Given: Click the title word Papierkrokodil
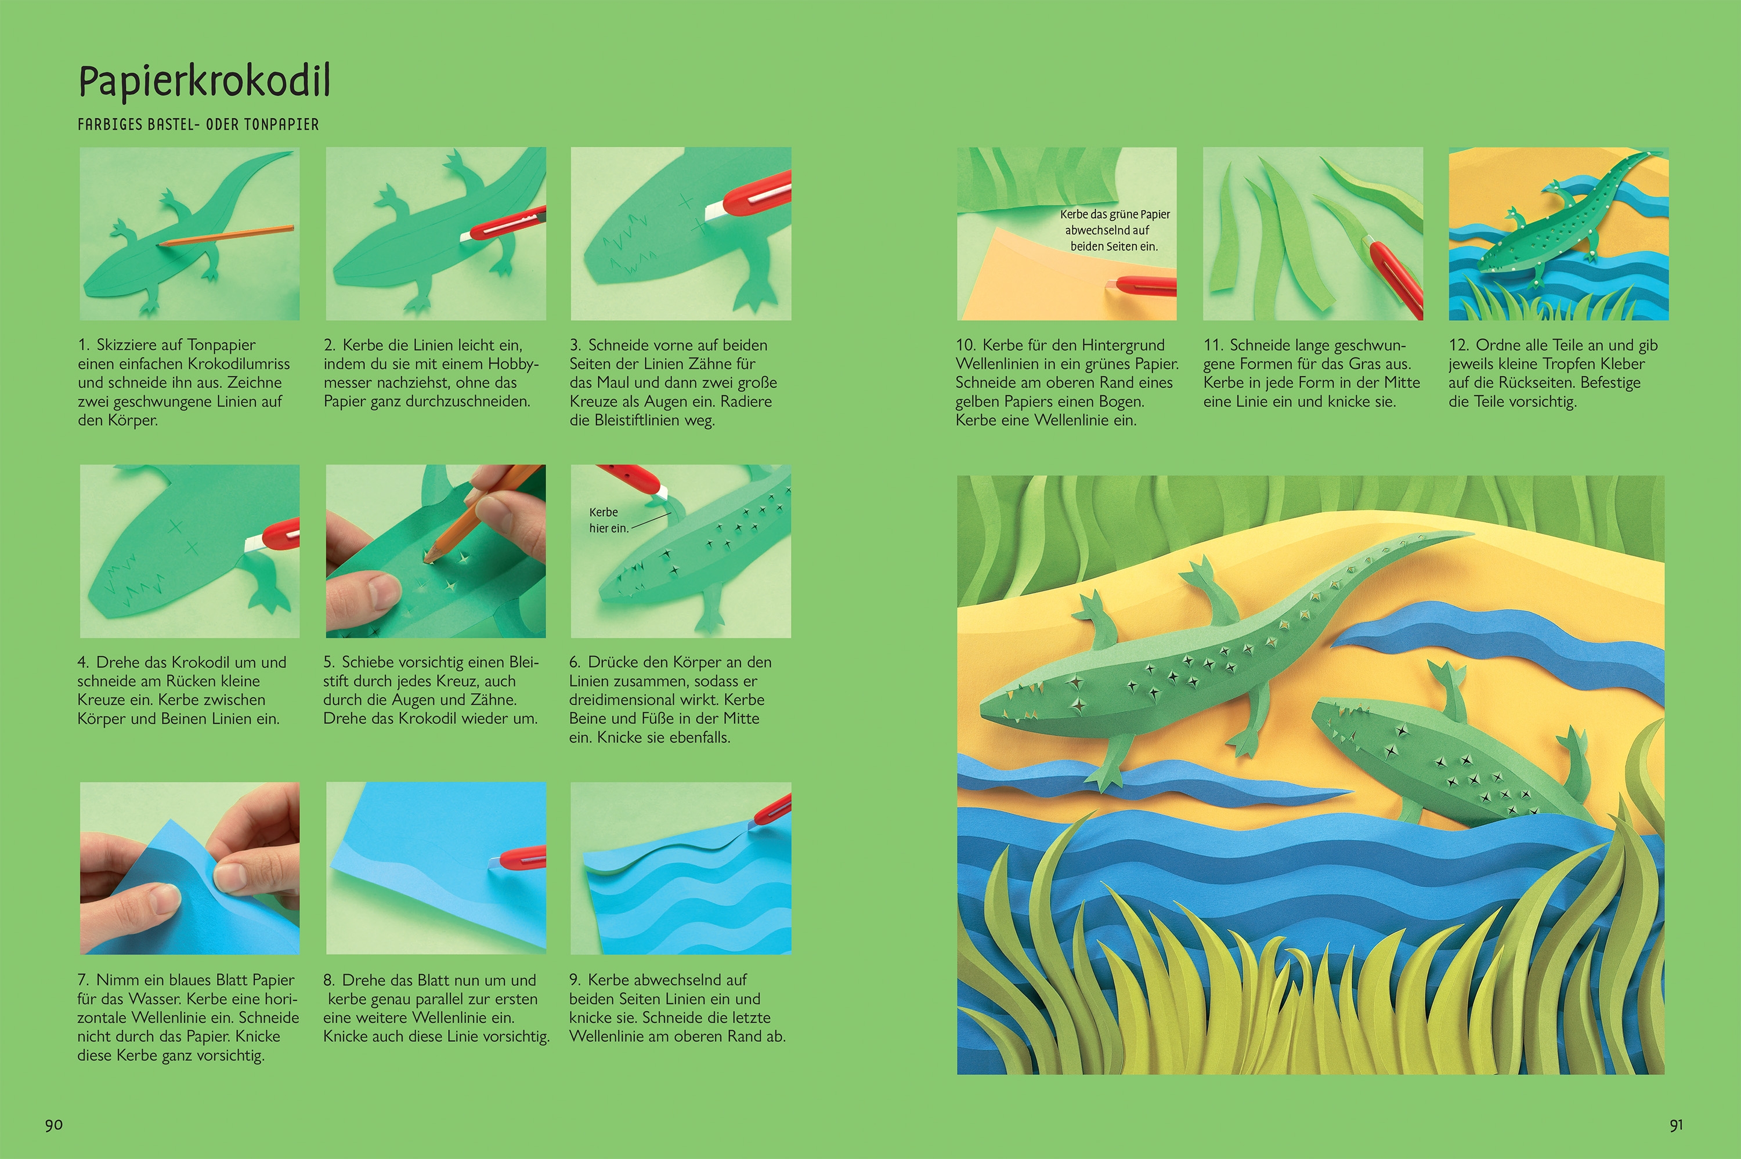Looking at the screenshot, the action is tap(204, 82).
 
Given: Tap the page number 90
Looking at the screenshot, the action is tap(54, 1125).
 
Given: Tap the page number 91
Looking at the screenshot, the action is tap(1677, 1125).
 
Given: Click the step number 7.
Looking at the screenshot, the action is tap(84, 980).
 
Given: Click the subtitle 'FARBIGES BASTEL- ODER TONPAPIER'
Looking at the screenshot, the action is tap(198, 125).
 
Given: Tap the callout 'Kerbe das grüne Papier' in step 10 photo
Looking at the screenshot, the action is tap(1115, 215).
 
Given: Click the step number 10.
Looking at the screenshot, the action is tap(966, 345).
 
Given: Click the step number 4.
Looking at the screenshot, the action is tap(83, 662).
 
